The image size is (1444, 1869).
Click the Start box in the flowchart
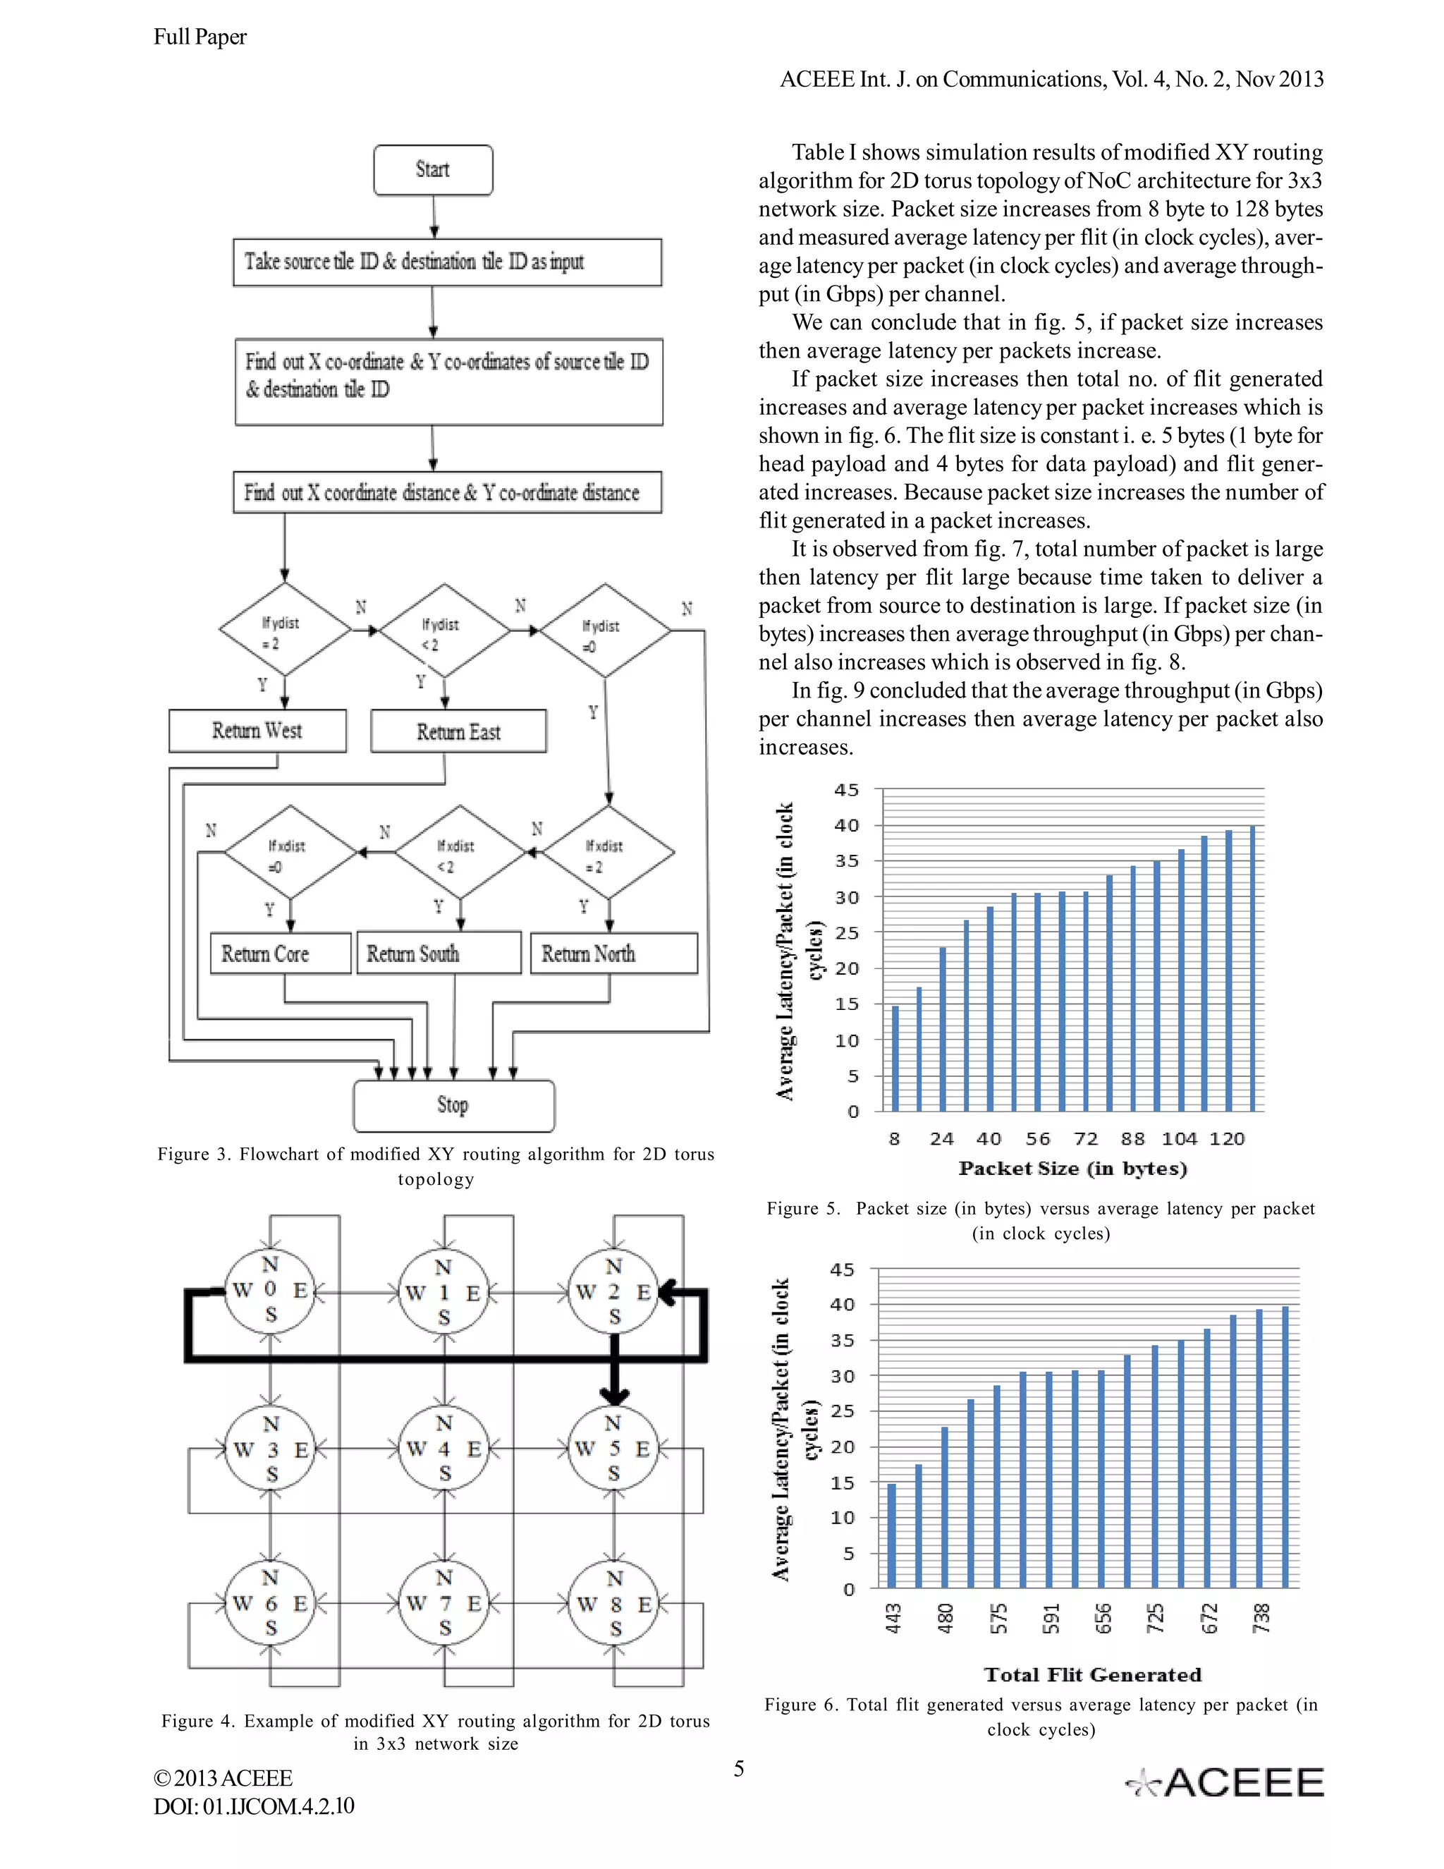click(433, 170)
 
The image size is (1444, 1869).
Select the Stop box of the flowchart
click(453, 1106)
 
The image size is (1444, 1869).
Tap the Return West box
click(257, 731)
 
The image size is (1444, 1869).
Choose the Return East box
click(458, 731)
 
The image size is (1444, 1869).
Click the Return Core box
click(280, 954)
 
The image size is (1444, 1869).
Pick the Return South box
click(438, 954)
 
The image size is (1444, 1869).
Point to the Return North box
click(613, 954)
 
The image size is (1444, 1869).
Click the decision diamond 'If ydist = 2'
click(285, 630)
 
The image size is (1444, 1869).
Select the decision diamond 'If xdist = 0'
click(290, 853)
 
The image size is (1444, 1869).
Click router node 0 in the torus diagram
click(270, 1290)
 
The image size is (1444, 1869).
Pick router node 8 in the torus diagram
click(614, 1604)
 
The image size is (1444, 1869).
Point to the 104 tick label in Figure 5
click(1179, 1139)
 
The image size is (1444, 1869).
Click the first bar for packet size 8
click(895, 1058)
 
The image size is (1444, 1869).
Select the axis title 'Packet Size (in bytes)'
click(1072, 1169)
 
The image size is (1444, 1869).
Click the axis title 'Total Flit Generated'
click(1092, 1675)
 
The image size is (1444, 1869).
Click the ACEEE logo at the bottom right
click(1224, 1782)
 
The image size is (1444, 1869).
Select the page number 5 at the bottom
click(739, 1768)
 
